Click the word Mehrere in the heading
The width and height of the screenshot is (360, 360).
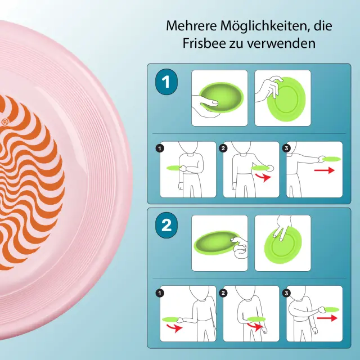point(191,26)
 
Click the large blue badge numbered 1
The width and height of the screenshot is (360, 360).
point(166,82)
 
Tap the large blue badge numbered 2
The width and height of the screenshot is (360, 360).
point(166,225)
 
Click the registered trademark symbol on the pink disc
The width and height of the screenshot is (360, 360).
point(5,122)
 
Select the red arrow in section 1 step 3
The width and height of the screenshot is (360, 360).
point(325,170)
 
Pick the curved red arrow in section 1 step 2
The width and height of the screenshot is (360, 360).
point(264,177)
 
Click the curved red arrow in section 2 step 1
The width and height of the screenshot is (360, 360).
point(174,327)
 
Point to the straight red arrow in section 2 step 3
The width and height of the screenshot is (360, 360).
point(327,318)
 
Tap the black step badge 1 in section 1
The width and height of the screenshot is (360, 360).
point(160,148)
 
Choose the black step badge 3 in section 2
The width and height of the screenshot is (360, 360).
point(286,293)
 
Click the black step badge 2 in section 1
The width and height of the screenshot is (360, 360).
point(223,148)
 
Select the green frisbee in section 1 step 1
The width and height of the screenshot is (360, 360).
point(174,168)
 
